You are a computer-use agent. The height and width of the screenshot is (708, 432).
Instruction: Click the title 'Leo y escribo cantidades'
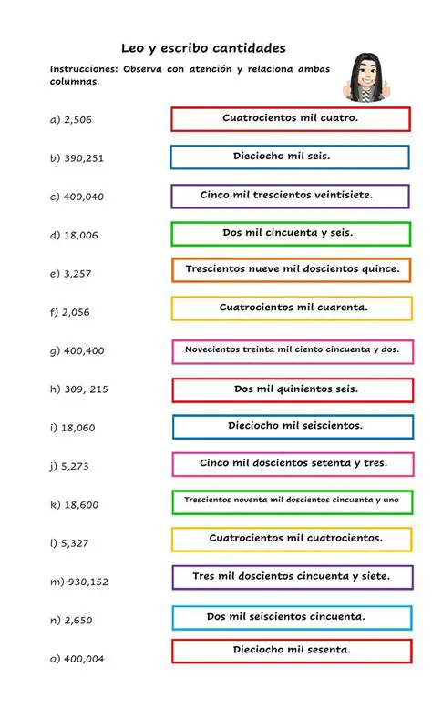203,48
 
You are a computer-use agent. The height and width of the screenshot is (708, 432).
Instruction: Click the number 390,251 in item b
84,157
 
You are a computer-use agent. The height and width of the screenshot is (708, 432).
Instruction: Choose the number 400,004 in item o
84,659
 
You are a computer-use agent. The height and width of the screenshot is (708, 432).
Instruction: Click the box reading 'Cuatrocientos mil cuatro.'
291,118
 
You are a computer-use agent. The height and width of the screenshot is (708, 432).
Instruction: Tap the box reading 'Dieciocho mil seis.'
290,157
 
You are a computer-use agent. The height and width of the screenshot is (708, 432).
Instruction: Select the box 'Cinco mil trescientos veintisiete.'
290,196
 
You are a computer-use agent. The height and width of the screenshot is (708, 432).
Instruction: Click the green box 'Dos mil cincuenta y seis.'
291,233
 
